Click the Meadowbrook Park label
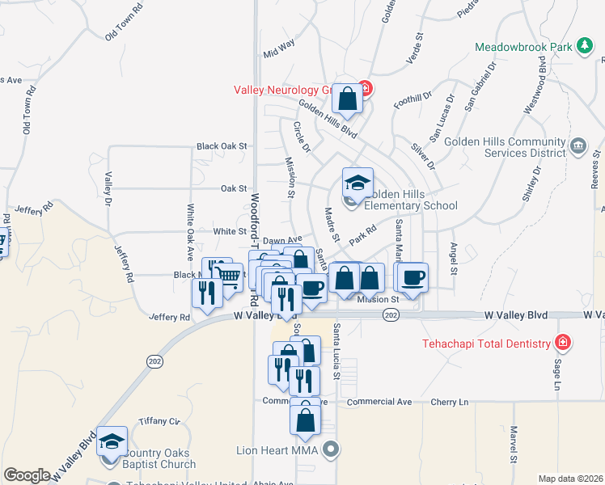522,47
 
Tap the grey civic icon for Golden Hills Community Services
577,146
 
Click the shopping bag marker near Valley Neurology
347,99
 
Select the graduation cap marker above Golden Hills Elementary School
357,182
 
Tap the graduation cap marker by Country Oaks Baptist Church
112,441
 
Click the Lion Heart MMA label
278,449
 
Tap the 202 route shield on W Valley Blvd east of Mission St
391,315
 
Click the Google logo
27,475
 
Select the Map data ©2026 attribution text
570,479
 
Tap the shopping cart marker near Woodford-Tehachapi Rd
230,276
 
